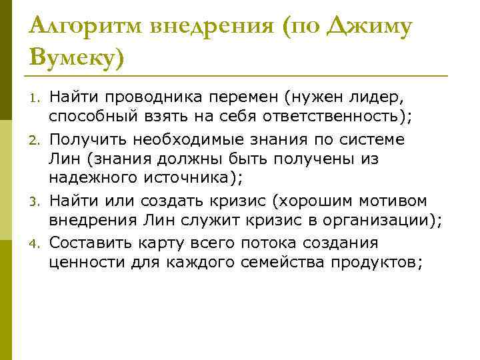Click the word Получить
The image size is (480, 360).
pyautogui.click(x=89, y=140)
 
